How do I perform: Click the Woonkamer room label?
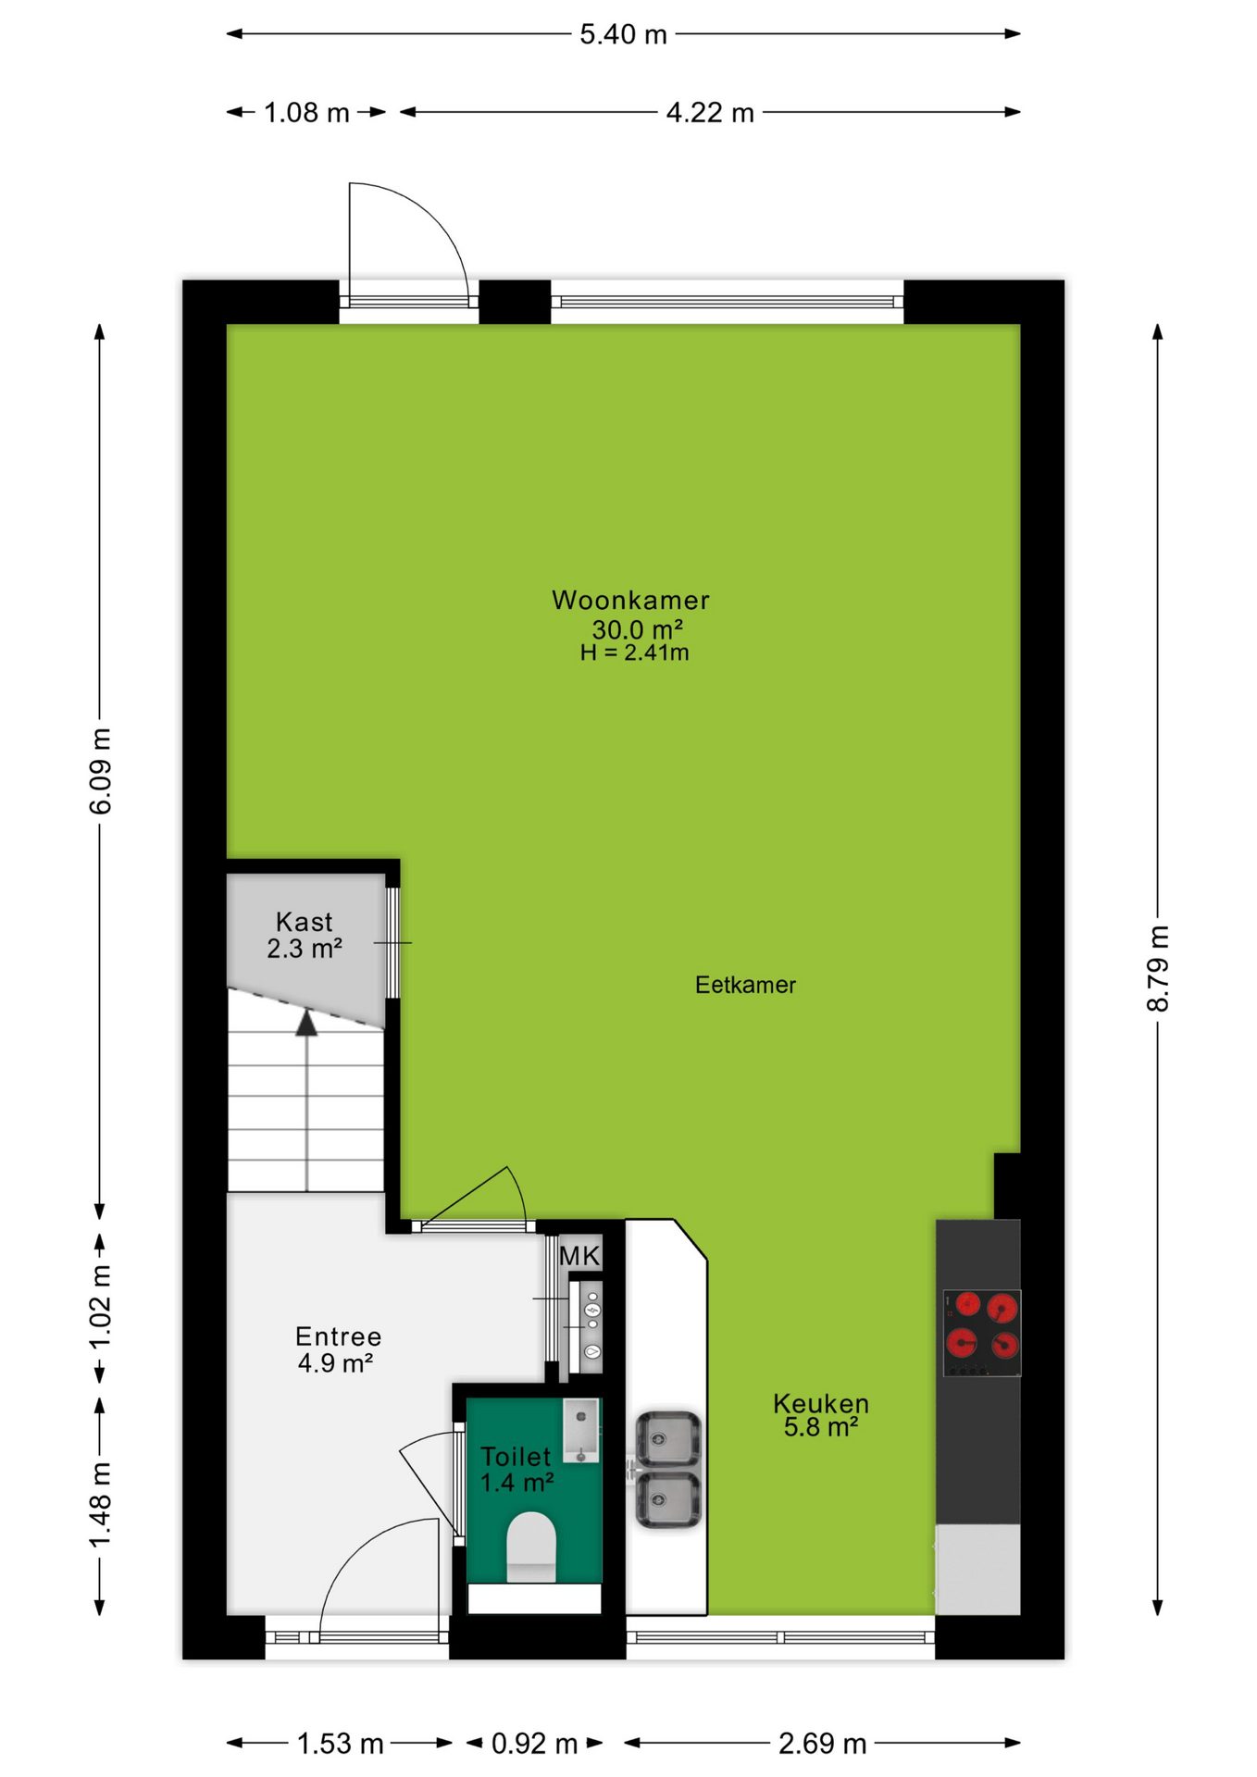point(630,600)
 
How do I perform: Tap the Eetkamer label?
point(745,985)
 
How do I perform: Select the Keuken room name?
point(821,1403)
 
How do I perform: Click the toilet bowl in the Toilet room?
point(531,1547)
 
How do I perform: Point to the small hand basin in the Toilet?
point(581,1430)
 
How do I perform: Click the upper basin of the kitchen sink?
point(667,1439)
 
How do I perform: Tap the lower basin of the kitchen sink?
point(667,1499)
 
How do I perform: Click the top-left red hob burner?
point(967,1304)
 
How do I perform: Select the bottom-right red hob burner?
point(1005,1345)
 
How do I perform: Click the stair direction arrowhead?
point(306,1023)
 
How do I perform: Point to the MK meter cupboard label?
point(580,1256)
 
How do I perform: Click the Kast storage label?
point(305,922)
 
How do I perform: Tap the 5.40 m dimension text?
point(623,34)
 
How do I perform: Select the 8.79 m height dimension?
point(1158,968)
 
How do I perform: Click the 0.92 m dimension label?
point(534,1744)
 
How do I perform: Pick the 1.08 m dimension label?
point(306,113)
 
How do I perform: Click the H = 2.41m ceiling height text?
point(635,652)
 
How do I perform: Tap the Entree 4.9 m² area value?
point(335,1363)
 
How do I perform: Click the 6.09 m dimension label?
point(100,771)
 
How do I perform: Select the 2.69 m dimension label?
point(822,1744)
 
